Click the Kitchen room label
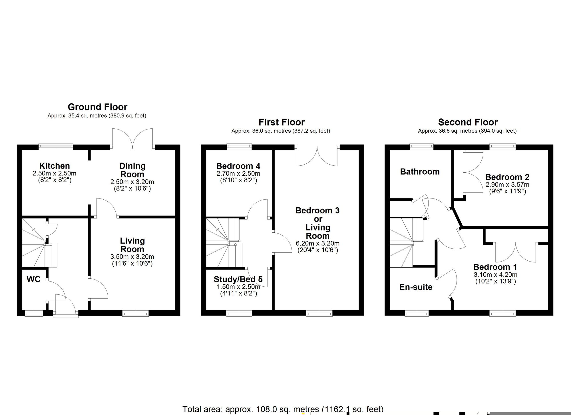54,166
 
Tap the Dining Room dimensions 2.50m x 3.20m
132,182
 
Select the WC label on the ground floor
33,279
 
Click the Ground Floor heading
97,107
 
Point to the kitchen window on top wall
56,147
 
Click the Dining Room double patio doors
132,139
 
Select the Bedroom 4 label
238,166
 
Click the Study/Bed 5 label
238,279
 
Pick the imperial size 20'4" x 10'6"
317,250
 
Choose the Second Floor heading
468,122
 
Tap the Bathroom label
420,172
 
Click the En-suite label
416,287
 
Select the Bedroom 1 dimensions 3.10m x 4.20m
495,275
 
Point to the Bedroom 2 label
507,177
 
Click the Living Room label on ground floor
132,245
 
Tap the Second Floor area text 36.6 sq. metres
467,131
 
